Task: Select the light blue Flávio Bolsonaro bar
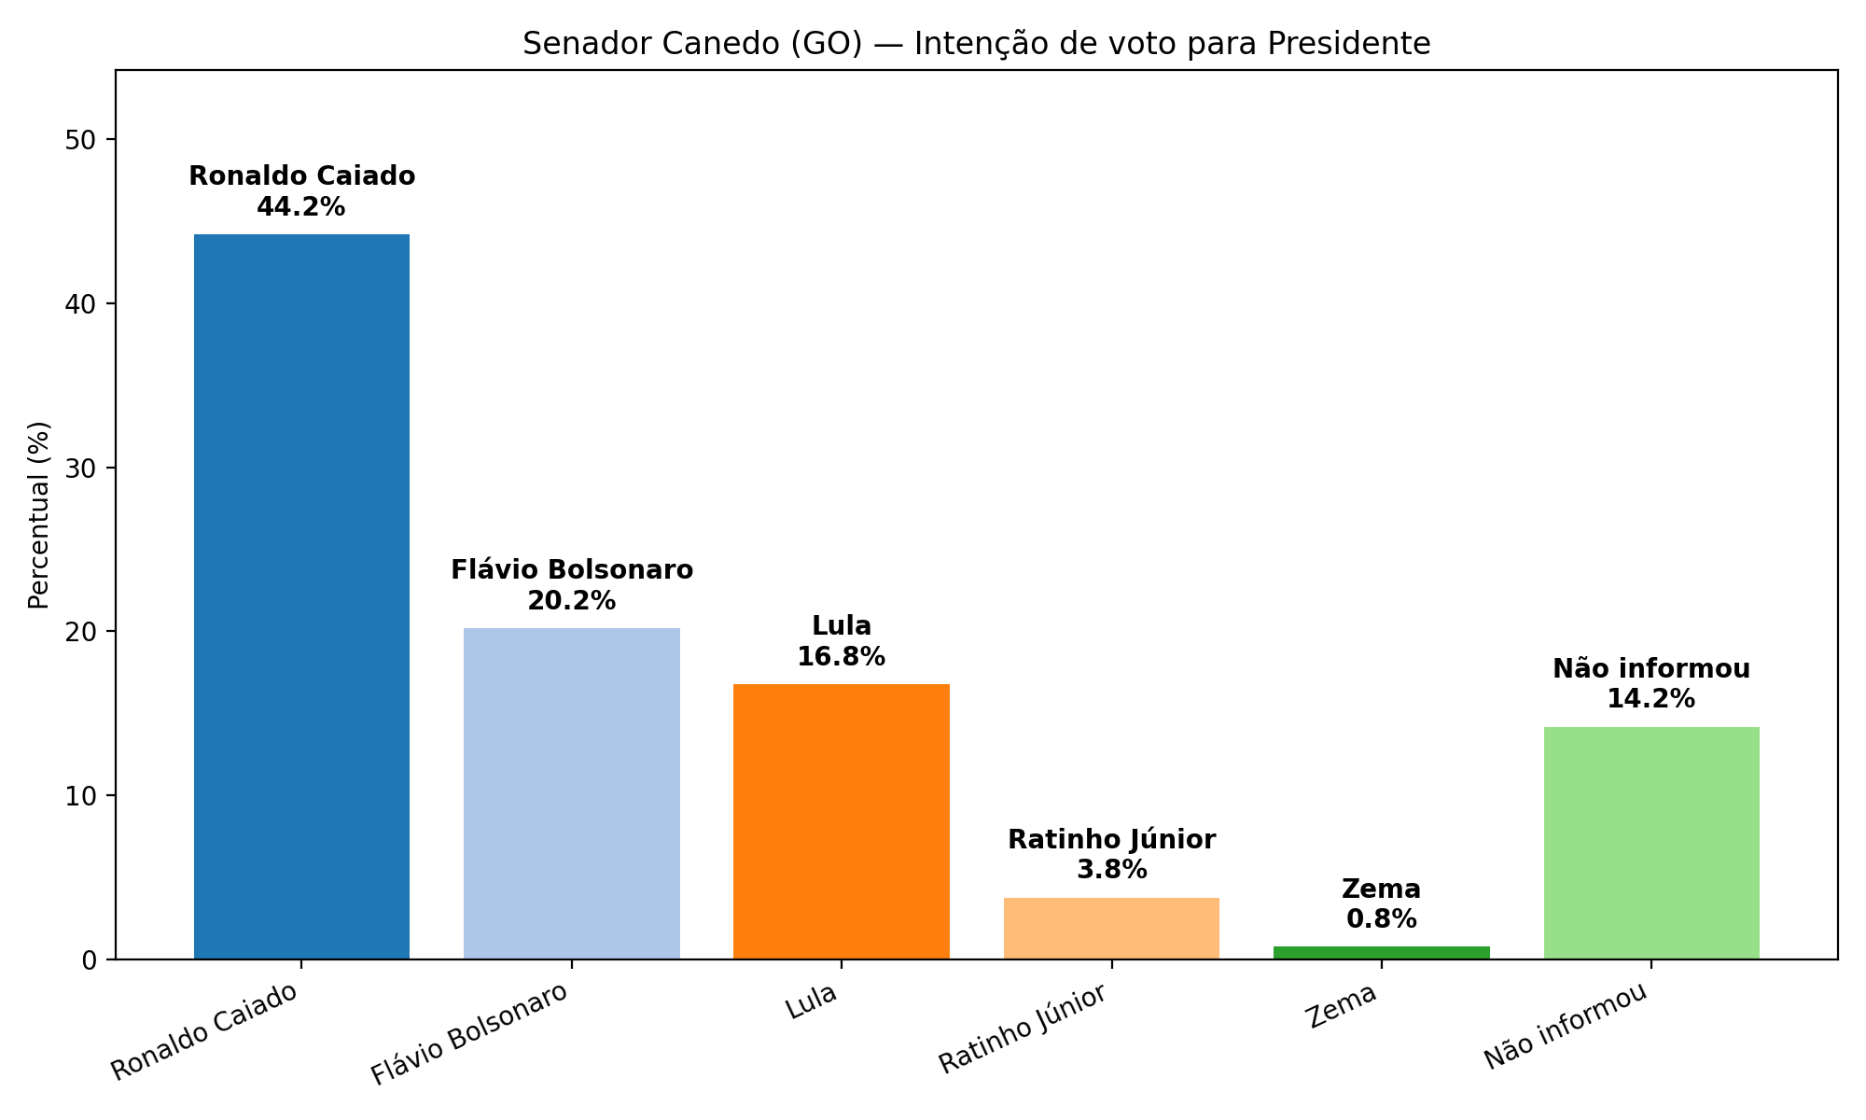pyautogui.click(x=571, y=793)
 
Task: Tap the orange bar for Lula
pyautogui.click(x=841, y=821)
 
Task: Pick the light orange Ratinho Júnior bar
pyautogui.click(x=1111, y=928)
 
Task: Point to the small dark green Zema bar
pyautogui.click(x=1381, y=953)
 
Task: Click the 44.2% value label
pyautogui.click(x=301, y=207)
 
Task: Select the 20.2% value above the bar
pyautogui.click(x=571, y=601)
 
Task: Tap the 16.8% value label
pyautogui.click(x=841, y=657)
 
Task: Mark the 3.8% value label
pyautogui.click(x=1111, y=870)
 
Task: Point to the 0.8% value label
pyautogui.click(x=1381, y=919)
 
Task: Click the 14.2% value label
pyautogui.click(x=1651, y=699)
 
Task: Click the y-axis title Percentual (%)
pyautogui.click(x=39, y=514)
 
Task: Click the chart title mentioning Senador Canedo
pyautogui.click(x=976, y=44)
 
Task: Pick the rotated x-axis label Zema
pyautogui.click(x=1344, y=1006)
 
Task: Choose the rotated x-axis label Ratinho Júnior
pyautogui.click(x=1024, y=1029)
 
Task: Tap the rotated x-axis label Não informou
pyautogui.click(x=1567, y=1026)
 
